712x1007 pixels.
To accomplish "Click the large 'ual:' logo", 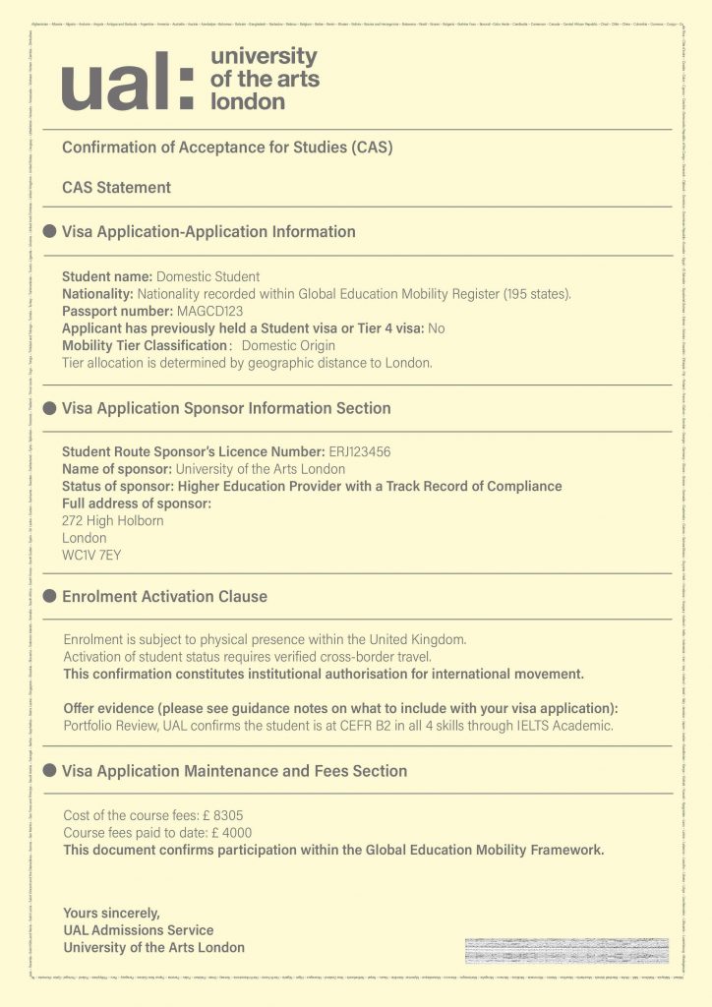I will (128, 82).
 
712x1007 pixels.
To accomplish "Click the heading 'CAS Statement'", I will (116, 187).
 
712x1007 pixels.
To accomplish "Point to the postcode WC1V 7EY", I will (91, 556).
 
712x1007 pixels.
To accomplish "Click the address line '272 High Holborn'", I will (113, 520).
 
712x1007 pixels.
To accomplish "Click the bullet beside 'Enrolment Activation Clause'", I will (49, 597).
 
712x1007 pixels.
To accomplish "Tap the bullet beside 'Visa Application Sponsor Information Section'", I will (49, 408).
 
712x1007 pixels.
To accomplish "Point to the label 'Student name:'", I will (107, 276).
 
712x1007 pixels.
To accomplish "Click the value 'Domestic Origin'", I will (288, 346).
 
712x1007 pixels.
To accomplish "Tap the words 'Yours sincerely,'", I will (111, 912).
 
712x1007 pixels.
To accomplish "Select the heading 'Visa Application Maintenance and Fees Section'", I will (234, 772).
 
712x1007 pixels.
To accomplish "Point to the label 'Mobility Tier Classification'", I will (145, 346).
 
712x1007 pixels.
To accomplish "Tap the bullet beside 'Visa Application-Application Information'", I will (49, 232).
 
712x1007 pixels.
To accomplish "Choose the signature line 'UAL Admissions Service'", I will (138, 929).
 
